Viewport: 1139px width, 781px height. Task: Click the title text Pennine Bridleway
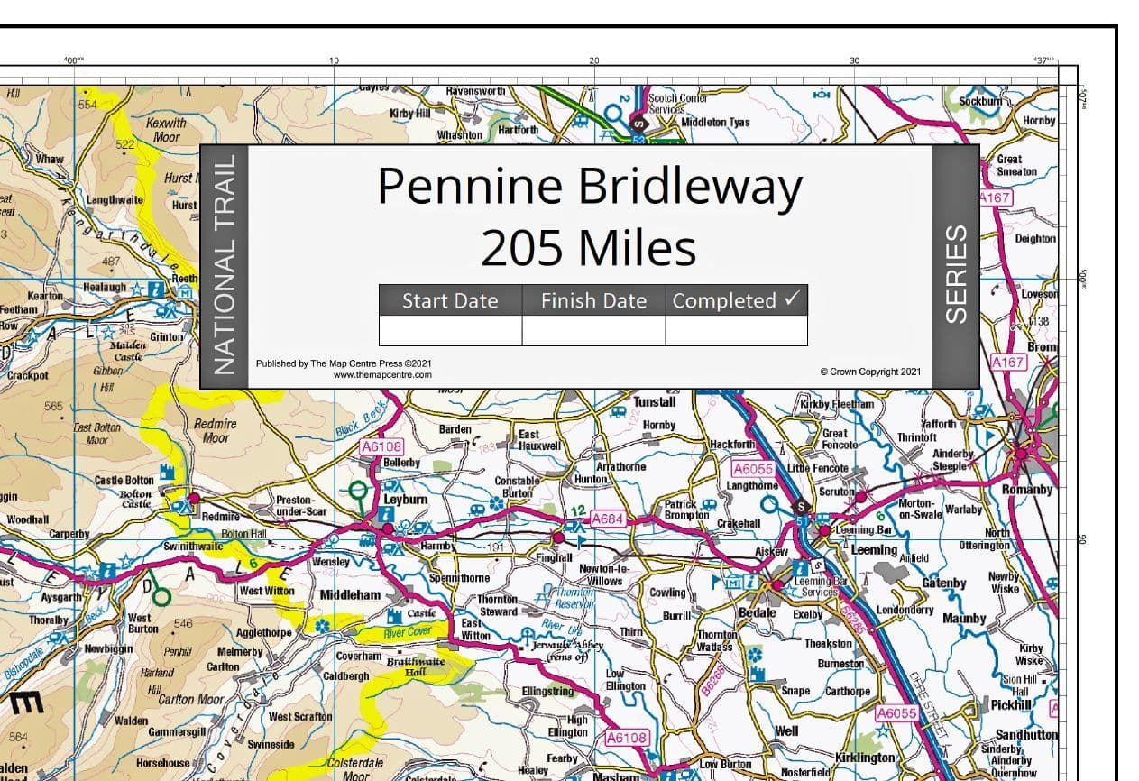[x=589, y=187]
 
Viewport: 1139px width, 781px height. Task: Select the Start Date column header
[x=450, y=301]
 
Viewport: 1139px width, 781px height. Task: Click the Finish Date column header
[x=593, y=301]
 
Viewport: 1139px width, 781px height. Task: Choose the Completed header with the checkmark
[x=736, y=301]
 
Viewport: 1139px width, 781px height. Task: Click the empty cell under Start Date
[x=450, y=331]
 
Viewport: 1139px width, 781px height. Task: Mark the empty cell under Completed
[x=736, y=331]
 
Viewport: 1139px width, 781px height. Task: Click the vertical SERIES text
[x=955, y=273]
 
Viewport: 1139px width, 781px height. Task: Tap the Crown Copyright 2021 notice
[x=870, y=372]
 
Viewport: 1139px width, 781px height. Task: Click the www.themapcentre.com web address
[x=382, y=374]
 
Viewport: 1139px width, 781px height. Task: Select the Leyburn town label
[x=406, y=498]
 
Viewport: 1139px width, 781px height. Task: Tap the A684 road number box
[x=609, y=519]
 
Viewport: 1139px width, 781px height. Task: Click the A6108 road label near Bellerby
[x=381, y=446]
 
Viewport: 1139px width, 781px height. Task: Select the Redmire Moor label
[x=216, y=431]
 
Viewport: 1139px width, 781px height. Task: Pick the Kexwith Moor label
[x=166, y=130]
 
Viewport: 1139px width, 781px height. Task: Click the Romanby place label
[x=1026, y=490]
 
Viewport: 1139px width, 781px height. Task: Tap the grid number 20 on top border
[x=593, y=61]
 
